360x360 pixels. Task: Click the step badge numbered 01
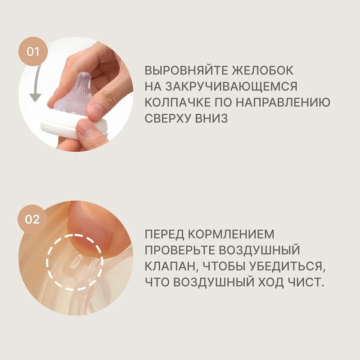point(33,52)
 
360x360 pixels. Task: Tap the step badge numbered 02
point(32,219)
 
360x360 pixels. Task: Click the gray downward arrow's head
point(35,98)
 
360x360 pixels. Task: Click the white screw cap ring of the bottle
point(73,127)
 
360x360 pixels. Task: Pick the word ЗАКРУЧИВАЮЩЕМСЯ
point(231,86)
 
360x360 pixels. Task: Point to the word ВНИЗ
point(211,119)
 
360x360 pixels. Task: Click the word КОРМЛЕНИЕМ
point(232,234)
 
